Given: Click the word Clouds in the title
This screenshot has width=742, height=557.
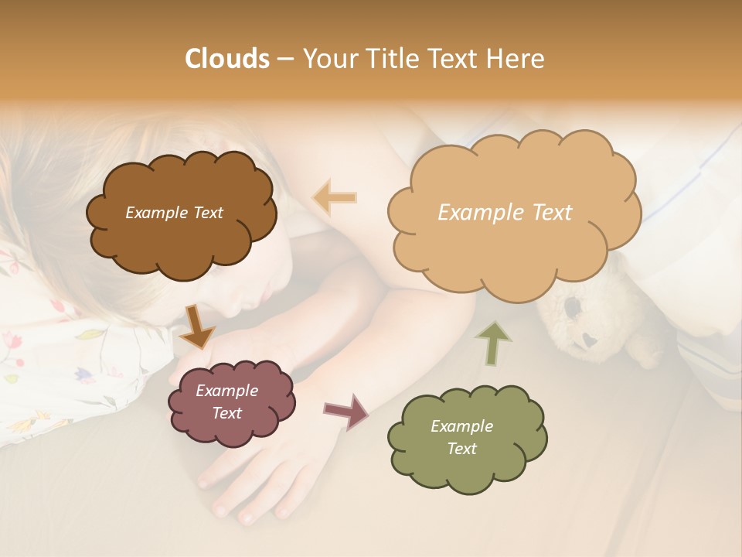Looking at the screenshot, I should [x=226, y=59].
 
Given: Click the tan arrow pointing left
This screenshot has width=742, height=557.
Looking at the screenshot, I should [x=335, y=198].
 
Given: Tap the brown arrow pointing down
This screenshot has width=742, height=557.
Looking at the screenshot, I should [x=196, y=326].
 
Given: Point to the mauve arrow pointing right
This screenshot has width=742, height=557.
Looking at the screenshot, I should [x=345, y=411].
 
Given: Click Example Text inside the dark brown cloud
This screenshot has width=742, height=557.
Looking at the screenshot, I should [x=174, y=213].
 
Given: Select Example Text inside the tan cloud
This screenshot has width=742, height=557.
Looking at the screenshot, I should [x=505, y=213].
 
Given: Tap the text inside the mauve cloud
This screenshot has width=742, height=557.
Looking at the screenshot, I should [x=226, y=402].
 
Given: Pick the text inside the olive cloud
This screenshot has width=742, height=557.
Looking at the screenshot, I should [x=461, y=437].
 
